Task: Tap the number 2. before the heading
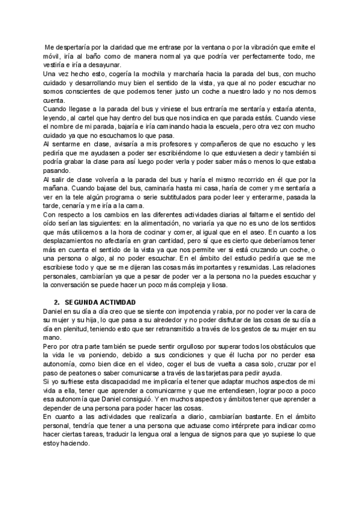pos(57,301)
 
